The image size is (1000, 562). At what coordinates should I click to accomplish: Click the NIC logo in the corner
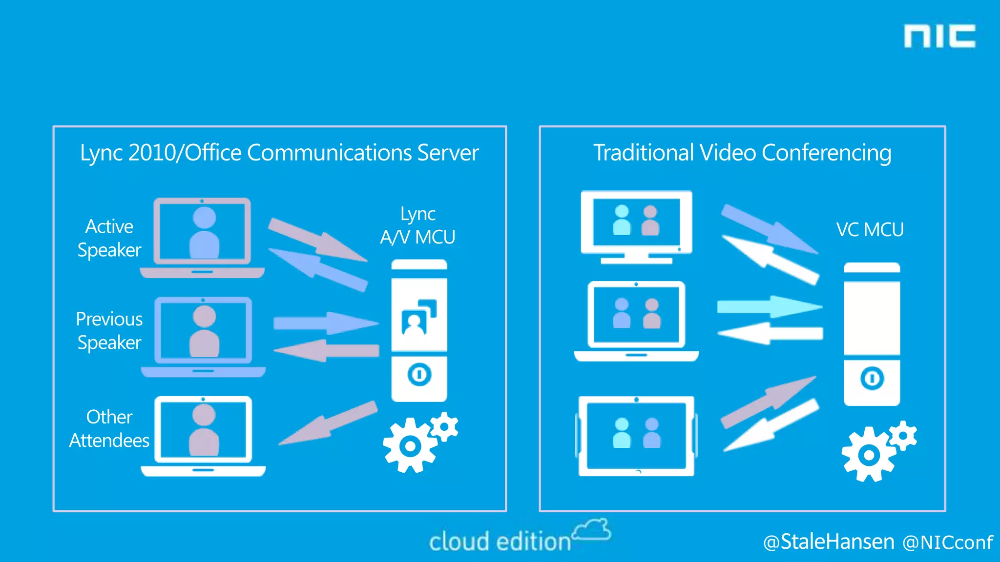(x=939, y=37)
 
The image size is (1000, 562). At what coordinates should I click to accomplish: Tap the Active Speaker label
(x=109, y=238)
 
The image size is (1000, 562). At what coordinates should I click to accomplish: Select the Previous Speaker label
(x=109, y=331)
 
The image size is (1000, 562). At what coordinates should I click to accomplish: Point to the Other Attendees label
(x=109, y=429)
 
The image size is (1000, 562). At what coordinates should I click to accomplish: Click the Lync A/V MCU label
(x=418, y=226)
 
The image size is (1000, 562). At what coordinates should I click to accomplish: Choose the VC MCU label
(x=870, y=230)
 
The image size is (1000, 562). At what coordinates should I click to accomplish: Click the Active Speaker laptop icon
(x=202, y=238)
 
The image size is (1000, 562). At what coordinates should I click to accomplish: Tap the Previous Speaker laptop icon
(x=203, y=337)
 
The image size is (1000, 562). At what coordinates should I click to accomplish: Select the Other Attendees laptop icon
(x=203, y=436)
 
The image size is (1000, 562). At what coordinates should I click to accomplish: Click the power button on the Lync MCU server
(x=419, y=375)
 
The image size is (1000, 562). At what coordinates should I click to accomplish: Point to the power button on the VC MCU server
(x=872, y=379)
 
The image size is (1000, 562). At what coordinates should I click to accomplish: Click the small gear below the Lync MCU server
(x=444, y=427)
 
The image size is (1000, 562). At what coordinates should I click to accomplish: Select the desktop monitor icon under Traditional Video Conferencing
(x=636, y=227)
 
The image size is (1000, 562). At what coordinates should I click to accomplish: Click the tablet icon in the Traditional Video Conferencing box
(x=636, y=436)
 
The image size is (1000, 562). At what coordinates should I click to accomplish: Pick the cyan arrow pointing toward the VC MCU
(x=769, y=307)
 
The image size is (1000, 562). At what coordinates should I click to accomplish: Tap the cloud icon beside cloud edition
(x=592, y=530)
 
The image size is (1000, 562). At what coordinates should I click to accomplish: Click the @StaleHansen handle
(x=829, y=542)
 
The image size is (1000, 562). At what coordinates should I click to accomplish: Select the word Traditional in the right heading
(x=643, y=153)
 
